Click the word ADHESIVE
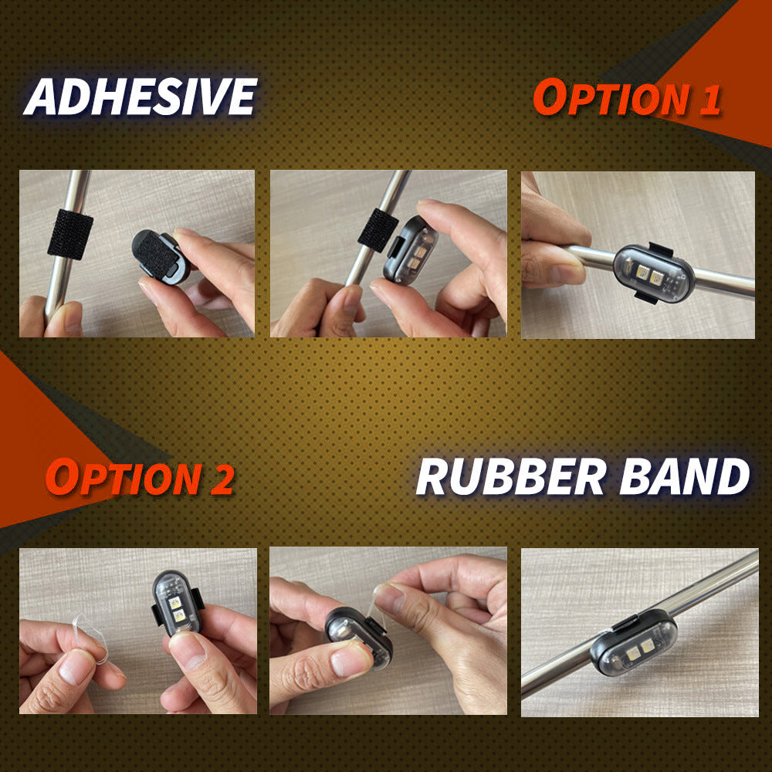[x=141, y=96]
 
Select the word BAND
[x=684, y=476]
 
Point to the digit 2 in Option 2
[x=222, y=479]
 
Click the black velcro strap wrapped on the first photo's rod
[x=70, y=234]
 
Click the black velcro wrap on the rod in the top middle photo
[x=378, y=230]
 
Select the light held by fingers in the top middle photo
[x=410, y=251]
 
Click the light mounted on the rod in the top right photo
[x=654, y=273]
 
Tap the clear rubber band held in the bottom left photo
[x=91, y=638]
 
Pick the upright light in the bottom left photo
[x=176, y=604]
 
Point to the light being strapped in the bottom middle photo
[x=358, y=637]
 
